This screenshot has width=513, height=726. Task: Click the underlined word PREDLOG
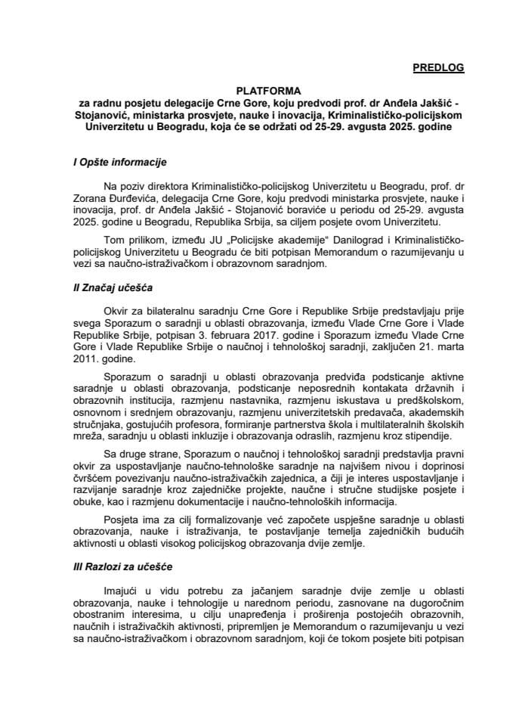(438, 68)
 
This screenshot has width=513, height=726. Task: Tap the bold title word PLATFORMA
(256, 88)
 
